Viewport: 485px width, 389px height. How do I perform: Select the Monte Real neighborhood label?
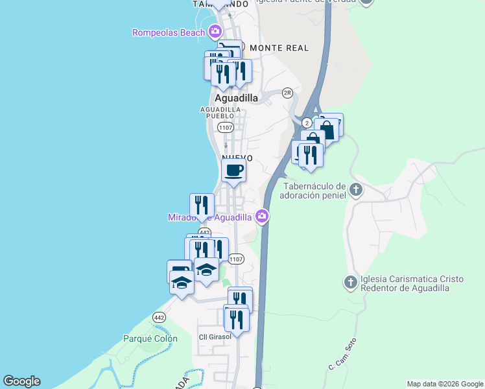coord(279,48)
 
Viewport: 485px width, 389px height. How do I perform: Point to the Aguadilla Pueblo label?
coord(221,112)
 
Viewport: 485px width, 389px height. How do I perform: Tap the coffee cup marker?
coord(233,171)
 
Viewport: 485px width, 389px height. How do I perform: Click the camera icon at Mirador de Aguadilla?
coord(262,216)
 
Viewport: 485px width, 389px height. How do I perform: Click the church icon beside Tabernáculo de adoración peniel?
coord(355,190)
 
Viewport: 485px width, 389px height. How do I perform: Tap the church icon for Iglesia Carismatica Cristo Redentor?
coord(350,282)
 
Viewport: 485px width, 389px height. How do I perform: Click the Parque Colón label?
coord(150,338)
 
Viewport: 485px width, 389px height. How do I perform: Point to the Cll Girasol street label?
coord(214,336)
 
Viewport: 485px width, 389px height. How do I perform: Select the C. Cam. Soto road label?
coord(342,356)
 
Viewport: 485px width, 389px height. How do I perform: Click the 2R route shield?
coord(288,93)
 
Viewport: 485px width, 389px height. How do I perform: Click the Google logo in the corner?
coord(21,381)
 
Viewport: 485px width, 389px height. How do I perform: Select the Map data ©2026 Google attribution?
coord(445,384)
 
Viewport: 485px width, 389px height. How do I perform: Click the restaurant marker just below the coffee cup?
coord(202,206)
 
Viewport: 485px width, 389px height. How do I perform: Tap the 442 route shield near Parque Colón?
coord(158,316)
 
